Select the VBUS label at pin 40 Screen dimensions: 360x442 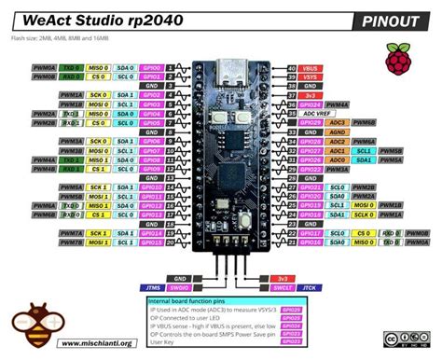[310, 68]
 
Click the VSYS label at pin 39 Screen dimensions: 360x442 [310, 76]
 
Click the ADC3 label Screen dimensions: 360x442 [338, 123]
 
